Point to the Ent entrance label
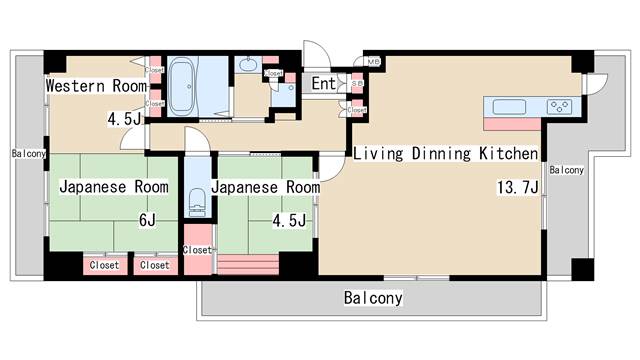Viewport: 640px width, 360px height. point(324,83)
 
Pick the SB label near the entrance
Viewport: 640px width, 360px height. point(356,84)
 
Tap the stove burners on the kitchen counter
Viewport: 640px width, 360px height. point(557,105)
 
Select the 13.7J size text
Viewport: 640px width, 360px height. point(518,187)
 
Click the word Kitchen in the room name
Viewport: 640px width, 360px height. point(508,154)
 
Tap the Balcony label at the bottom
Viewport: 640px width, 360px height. point(373,298)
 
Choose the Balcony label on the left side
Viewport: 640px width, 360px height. point(28,154)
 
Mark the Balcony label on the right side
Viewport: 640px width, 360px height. point(566,170)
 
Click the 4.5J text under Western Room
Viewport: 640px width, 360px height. point(126,119)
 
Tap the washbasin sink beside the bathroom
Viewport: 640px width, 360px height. point(248,68)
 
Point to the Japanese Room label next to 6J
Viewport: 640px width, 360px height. point(112,187)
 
